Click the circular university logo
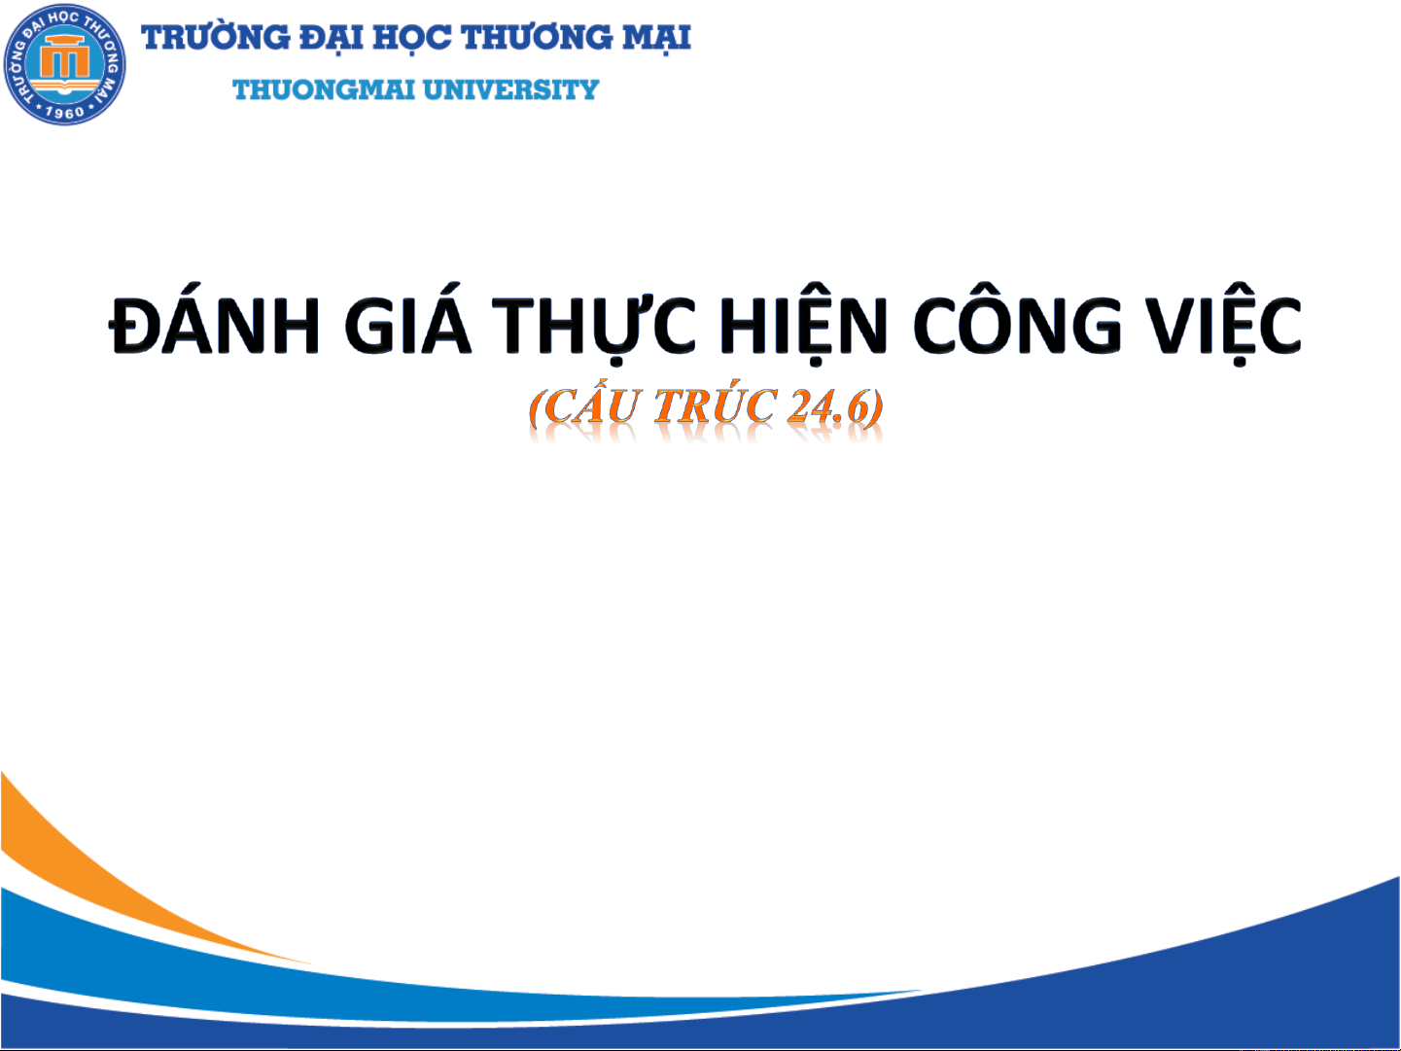pyautogui.click(x=64, y=64)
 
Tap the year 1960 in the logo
pyautogui.click(x=64, y=112)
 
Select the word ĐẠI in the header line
pyautogui.click(x=332, y=38)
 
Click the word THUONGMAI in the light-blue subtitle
pyautogui.click(x=324, y=90)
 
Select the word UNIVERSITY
pyautogui.click(x=510, y=90)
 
